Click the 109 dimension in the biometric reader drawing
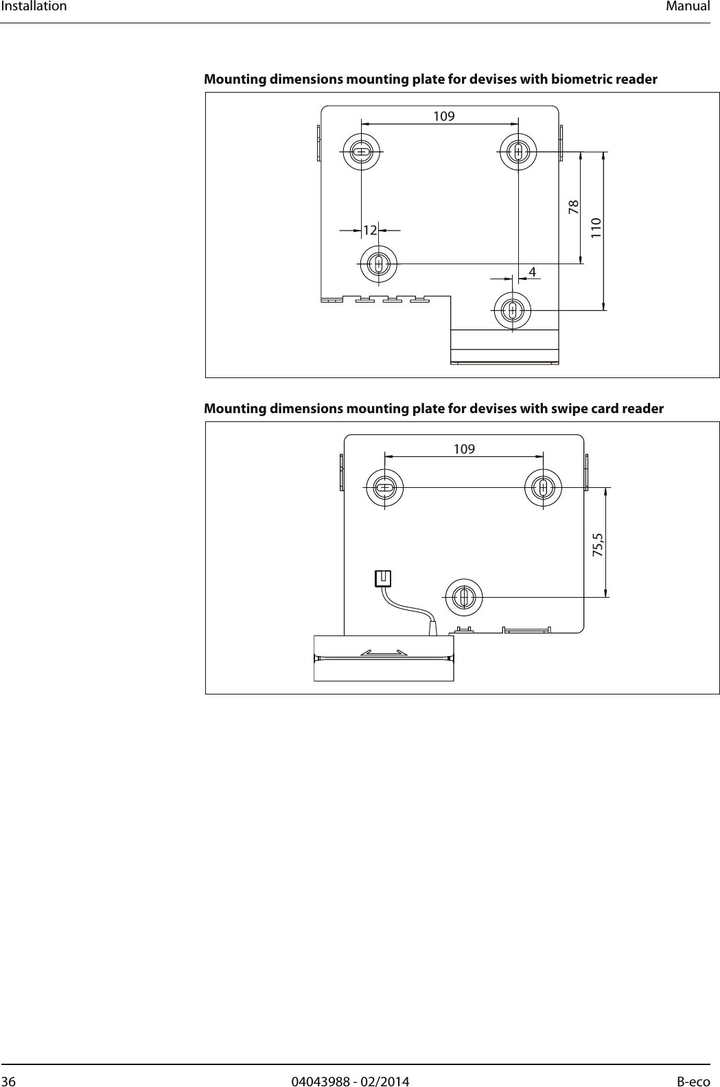coord(444,116)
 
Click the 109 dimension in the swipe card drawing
coord(464,449)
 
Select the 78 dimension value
coord(573,206)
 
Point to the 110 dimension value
coord(596,226)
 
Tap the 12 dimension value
coord(370,231)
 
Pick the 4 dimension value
coord(532,272)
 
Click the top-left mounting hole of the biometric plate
coord(362,151)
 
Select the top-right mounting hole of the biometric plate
coord(519,151)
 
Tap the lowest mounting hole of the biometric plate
coord(511,310)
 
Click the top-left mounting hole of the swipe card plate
coord(385,488)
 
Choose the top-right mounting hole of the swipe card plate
coord(543,488)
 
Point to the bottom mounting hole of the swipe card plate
coord(464,597)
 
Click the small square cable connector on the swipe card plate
coord(383,578)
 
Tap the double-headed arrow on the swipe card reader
coord(384,652)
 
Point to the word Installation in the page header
coord(34,7)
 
